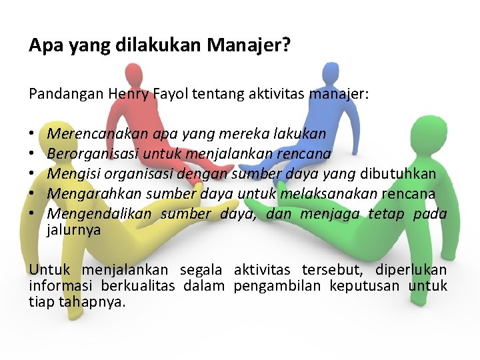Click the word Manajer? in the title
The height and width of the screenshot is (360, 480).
click(249, 46)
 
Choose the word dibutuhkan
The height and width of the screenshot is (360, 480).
click(398, 173)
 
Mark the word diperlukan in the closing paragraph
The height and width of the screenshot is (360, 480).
click(411, 270)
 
